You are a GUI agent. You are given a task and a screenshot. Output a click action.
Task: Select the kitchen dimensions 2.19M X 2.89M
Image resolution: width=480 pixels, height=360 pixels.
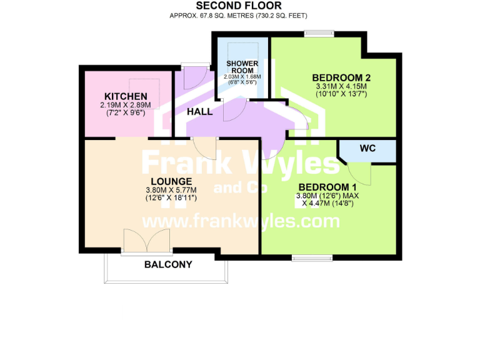[x=126, y=105]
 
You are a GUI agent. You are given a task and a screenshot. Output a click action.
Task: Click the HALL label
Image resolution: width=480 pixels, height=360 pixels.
[x=199, y=112]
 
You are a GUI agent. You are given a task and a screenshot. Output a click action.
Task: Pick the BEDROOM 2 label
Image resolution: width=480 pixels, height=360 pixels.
[x=341, y=78]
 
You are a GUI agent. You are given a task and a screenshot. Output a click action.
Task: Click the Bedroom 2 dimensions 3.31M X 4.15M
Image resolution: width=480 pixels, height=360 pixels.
[x=341, y=86]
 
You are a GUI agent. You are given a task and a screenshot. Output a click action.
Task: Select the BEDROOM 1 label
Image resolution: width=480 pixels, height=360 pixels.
[x=327, y=187]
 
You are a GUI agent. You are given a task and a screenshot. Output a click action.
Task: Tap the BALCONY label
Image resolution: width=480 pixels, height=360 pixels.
[x=168, y=264]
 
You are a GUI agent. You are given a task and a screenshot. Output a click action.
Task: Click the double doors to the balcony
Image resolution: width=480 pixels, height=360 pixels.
[x=147, y=242]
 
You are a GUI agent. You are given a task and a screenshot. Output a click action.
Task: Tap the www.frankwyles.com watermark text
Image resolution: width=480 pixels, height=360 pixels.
[x=241, y=221]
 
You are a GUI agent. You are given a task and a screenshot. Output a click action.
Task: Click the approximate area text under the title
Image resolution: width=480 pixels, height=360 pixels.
[x=238, y=15]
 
